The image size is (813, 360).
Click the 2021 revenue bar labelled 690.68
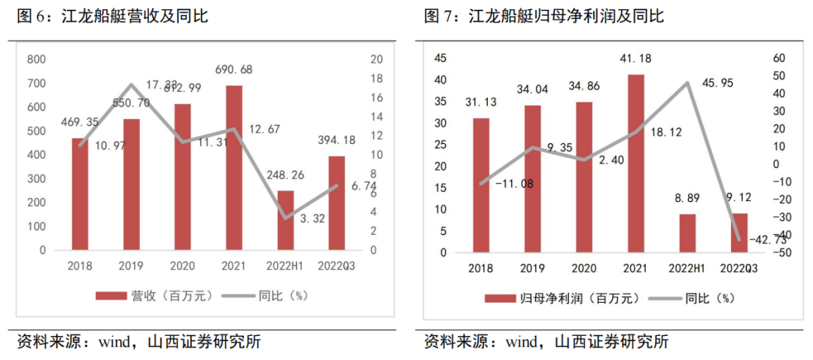(x=234, y=167)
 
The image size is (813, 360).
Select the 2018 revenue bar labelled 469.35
(x=81, y=194)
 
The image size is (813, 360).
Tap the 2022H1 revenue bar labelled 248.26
(x=285, y=220)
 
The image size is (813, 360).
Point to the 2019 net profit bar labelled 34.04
(x=532, y=178)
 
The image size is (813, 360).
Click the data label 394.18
(x=336, y=139)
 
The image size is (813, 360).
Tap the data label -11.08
(x=514, y=183)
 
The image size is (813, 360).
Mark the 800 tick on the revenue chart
(x=35, y=59)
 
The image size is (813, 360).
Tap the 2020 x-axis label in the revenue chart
(x=183, y=266)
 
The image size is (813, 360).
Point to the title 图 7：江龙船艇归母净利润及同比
(x=544, y=15)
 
